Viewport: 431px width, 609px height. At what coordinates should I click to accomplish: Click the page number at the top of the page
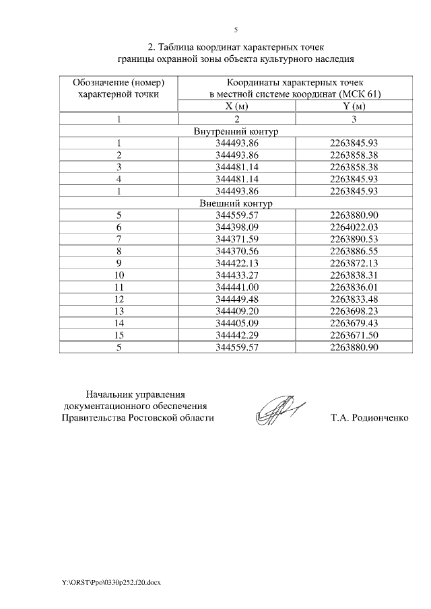(236, 30)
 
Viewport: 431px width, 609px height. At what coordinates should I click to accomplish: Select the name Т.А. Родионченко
(369, 418)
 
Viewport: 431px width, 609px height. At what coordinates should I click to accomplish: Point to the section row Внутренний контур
(236, 131)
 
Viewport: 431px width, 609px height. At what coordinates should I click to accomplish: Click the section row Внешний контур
(236, 203)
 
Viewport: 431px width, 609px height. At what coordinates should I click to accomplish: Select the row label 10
(119, 275)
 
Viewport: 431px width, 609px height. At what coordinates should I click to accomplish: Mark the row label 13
(119, 311)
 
